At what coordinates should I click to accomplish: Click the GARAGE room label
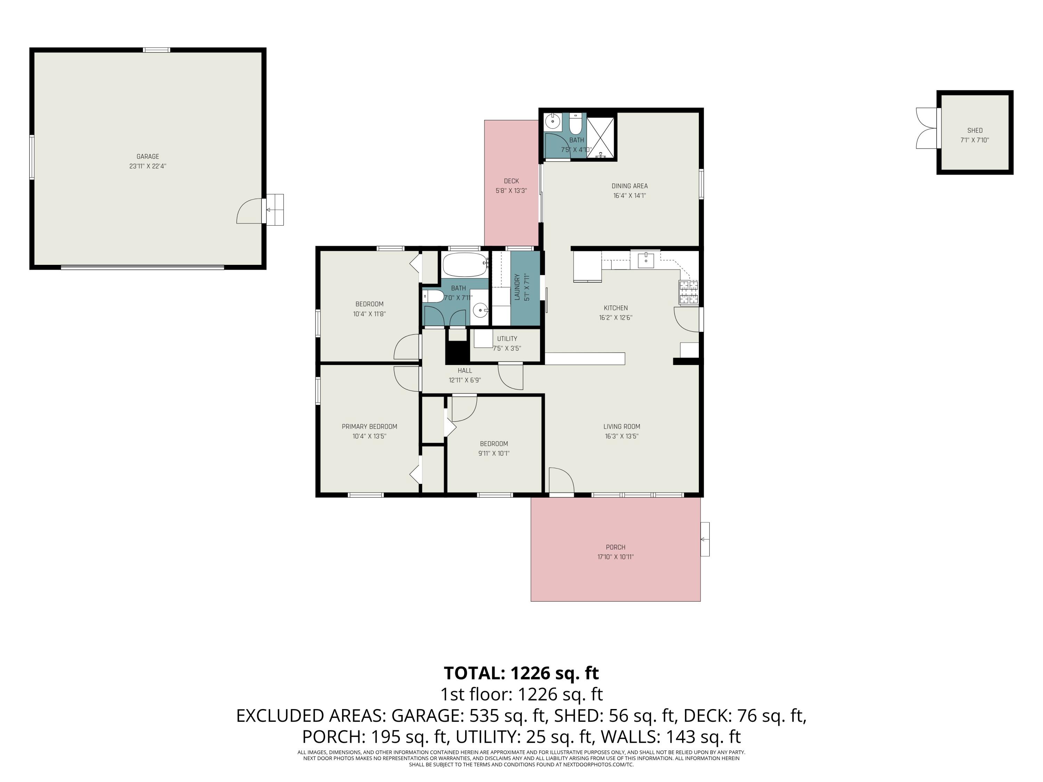148,156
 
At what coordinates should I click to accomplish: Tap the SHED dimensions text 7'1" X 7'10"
975,140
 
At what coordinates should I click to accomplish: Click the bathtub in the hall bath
464,264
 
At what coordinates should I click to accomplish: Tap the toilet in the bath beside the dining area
575,124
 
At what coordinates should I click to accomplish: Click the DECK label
511,181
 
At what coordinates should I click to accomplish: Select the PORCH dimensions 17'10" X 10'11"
615,557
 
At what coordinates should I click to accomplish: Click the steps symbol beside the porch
705,539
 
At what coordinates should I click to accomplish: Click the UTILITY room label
507,339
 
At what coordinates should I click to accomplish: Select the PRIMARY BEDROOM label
369,426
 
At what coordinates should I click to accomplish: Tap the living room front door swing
561,480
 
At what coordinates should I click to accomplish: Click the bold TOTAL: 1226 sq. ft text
521,673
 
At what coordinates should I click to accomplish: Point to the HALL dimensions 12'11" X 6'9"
464,380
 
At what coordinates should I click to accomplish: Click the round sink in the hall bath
480,310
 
